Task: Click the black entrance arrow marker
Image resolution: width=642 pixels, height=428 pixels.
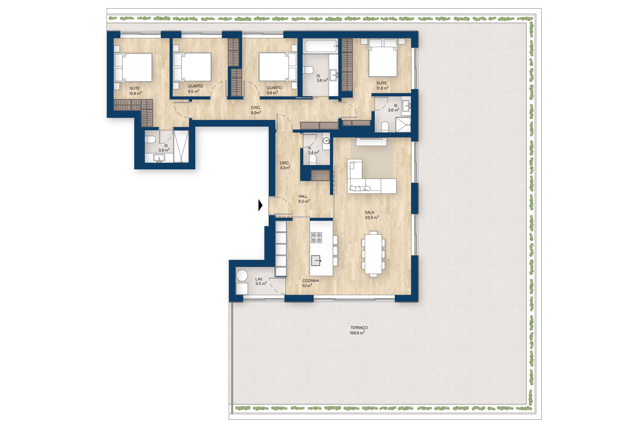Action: coord(260,205)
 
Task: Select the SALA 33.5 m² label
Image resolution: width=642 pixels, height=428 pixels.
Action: coord(371,215)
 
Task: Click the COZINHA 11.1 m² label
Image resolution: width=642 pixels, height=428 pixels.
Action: coord(310,283)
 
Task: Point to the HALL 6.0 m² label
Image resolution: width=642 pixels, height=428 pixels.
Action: coord(304,199)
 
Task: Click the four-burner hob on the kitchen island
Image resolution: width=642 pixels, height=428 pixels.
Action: coord(316,237)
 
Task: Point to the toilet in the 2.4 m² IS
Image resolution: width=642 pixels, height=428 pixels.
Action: coord(312,160)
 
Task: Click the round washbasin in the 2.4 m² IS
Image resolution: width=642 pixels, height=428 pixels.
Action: coord(327,141)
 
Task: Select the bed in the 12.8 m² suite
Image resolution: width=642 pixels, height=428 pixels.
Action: coord(383,58)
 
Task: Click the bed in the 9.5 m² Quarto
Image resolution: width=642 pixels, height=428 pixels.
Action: coord(193,67)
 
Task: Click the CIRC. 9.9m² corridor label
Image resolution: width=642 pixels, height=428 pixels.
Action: coord(256,110)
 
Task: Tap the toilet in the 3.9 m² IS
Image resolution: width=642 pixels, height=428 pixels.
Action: coord(150,139)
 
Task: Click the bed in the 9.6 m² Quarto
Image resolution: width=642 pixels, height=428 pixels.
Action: coord(278,67)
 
